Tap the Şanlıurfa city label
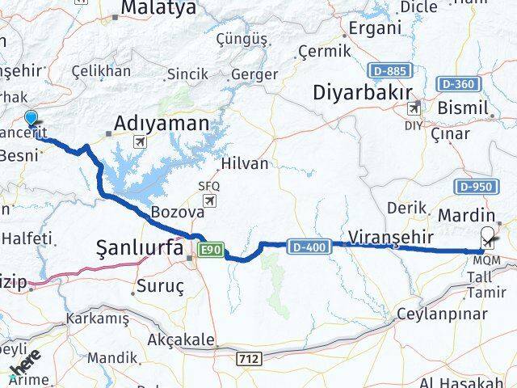pyautogui.click(x=141, y=248)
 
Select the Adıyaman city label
pyautogui.click(x=162, y=123)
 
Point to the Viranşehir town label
pyautogui.click(x=392, y=236)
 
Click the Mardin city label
pyautogui.click(x=465, y=217)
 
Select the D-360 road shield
pyautogui.click(x=455, y=84)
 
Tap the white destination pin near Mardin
pyautogui.click(x=488, y=238)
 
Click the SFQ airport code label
pyautogui.click(x=208, y=186)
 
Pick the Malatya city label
pyautogui.click(x=158, y=9)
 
